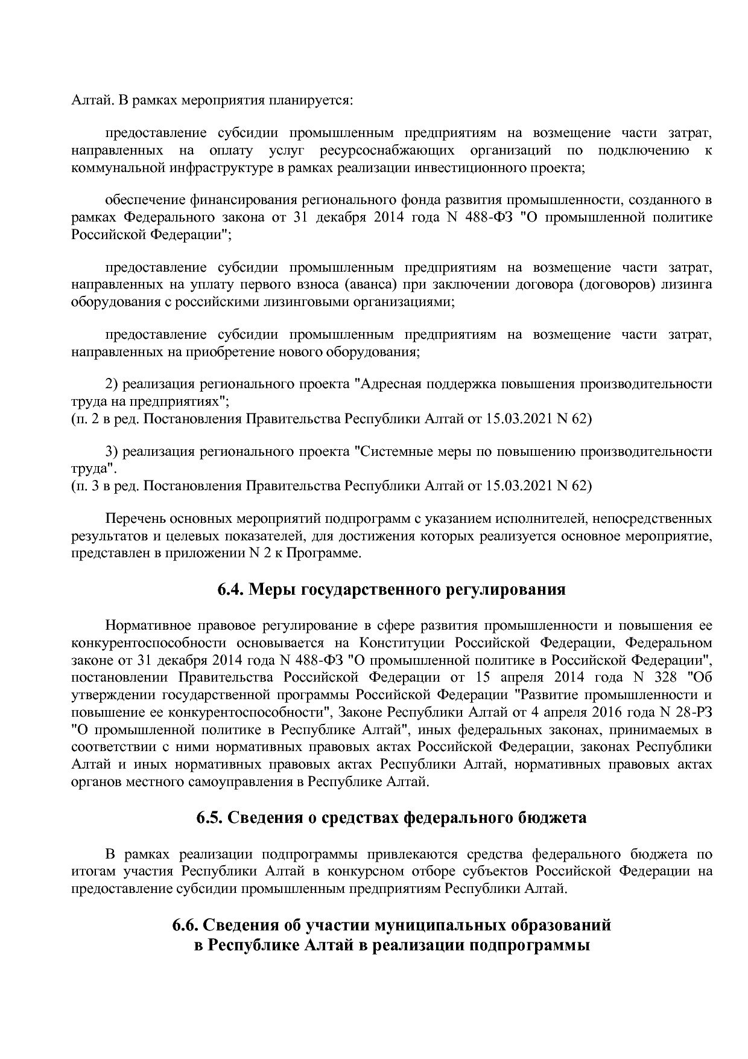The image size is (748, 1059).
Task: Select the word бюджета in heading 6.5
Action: pyautogui.click(x=553, y=818)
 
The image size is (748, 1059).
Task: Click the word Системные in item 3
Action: pyautogui.click(x=388, y=452)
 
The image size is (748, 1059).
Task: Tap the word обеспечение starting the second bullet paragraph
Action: pyautogui.click(x=145, y=200)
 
